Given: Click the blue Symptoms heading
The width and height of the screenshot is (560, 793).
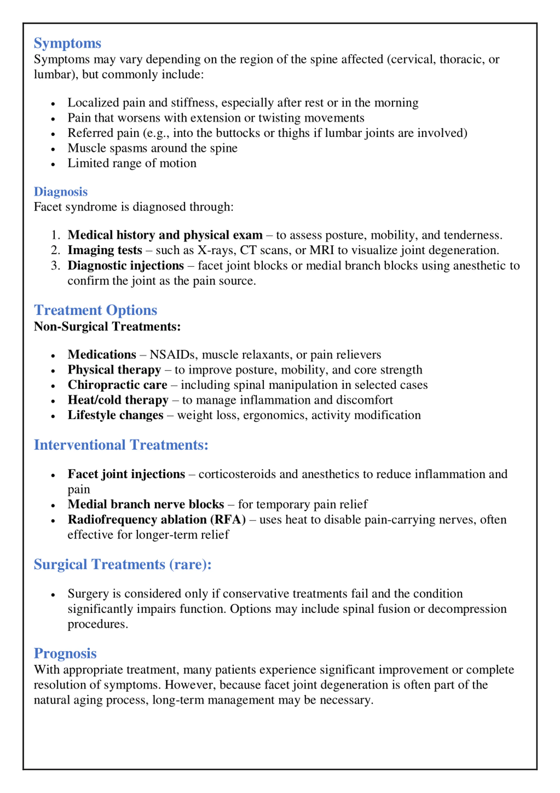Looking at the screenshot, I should [x=67, y=44].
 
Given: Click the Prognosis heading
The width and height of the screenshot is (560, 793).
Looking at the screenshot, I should [x=65, y=653].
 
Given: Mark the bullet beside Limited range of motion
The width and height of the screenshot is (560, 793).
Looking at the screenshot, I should [x=53, y=164].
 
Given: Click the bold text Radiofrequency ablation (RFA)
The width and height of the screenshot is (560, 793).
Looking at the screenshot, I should [x=156, y=519].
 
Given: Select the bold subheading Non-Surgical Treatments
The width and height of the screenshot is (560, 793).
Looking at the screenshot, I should [x=107, y=326].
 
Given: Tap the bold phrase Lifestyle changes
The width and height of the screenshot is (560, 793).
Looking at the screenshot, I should [x=115, y=415].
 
